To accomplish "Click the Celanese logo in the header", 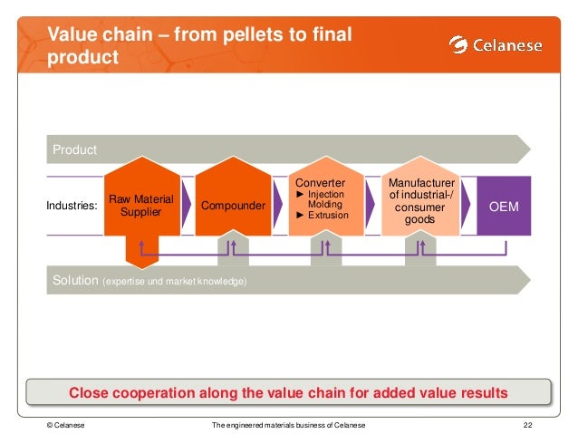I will click(497, 44).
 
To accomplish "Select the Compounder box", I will click(234, 207).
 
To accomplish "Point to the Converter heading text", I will click(321, 183).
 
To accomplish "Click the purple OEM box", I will click(504, 207).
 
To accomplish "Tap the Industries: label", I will click(72, 207).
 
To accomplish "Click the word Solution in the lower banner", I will click(74, 281).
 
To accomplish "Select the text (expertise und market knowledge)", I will click(175, 282).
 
